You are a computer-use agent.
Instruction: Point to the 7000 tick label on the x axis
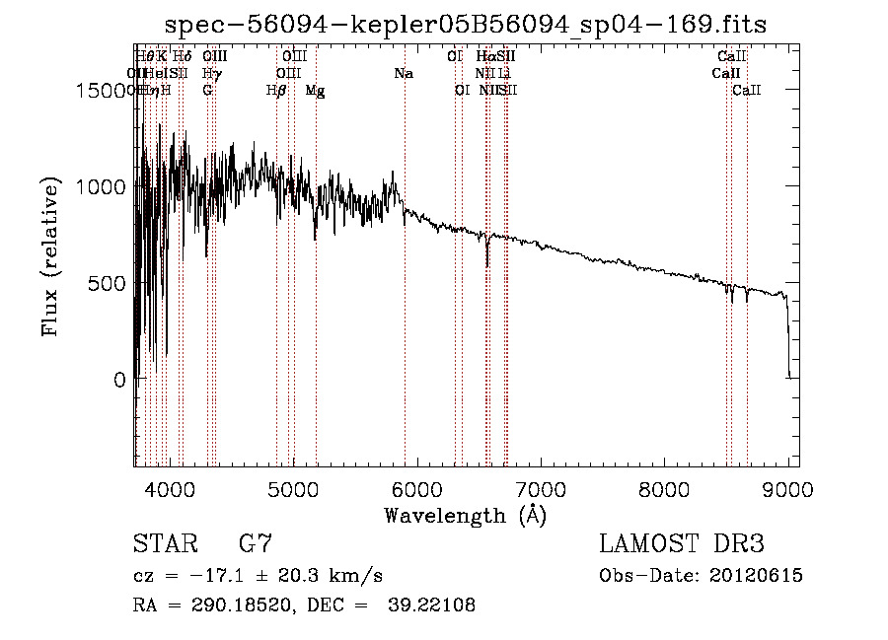[x=541, y=488]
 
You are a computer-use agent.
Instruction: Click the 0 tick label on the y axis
[x=120, y=380]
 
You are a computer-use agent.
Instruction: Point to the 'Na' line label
[x=404, y=73]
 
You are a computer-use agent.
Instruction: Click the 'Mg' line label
[x=315, y=91]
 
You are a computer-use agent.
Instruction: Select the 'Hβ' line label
[x=276, y=91]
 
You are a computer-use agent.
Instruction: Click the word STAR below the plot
[x=164, y=544]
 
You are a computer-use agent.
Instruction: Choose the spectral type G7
[x=255, y=544]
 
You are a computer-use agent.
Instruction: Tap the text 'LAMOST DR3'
[x=682, y=544]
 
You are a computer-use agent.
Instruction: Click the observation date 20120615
[x=756, y=576]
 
